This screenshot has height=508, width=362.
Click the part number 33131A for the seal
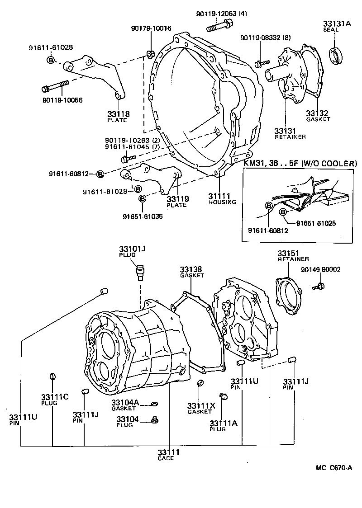click(x=337, y=23)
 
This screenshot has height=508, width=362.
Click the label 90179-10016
click(x=152, y=28)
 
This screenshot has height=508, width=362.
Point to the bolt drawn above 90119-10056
click(x=55, y=85)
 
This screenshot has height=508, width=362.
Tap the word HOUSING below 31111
click(x=222, y=202)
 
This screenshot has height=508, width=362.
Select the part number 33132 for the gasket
click(x=317, y=113)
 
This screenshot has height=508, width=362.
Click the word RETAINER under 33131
click(x=290, y=136)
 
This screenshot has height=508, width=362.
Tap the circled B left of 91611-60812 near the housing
click(x=100, y=174)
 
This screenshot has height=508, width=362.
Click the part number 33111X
click(x=200, y=405)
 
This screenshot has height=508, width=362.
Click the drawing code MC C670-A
click(x=334, y=468)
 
